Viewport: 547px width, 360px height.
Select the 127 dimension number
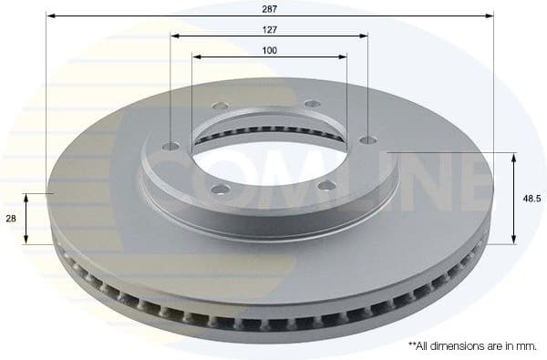(x=269, y=28)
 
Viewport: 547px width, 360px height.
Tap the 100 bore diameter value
(x=269, y=50)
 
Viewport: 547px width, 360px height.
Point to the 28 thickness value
(x=11, y=219)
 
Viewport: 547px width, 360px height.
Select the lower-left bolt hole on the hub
(x=218, y=190)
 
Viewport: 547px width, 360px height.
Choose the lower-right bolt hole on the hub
(x=326, y=189)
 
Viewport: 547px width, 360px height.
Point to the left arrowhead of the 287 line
(x=49, y=15)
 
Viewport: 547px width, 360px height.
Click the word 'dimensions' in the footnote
(x=460, y=345)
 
